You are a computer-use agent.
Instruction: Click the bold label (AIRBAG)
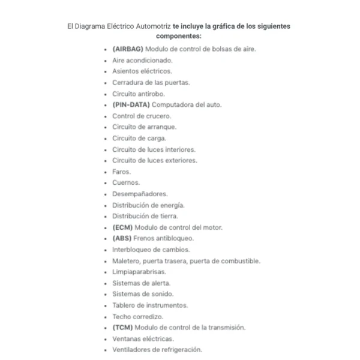coord(127,49)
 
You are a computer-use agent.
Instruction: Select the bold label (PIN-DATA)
coord(130,104)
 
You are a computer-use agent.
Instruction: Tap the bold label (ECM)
coord(122,227)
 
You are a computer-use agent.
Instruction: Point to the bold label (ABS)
coord(122,238)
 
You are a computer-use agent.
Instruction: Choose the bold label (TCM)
coord(122,328)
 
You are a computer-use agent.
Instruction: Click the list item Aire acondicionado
coord(142,60)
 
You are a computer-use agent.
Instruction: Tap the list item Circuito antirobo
coord(138,94)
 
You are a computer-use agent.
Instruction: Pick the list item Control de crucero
coord(142,116)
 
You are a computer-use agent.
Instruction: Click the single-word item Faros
coord(121,172)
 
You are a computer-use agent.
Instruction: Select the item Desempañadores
coord(140,194)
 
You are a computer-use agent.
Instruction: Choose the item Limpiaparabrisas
coord(139,272)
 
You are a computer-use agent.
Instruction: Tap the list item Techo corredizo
coord(137,316)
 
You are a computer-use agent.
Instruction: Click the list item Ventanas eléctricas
coord(143,338)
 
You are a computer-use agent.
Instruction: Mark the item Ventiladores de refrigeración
coord(157,350)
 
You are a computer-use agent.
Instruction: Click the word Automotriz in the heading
coord(152,26)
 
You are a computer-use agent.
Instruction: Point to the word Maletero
coord(126,261)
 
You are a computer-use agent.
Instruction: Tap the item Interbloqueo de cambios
coord(151,250)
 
